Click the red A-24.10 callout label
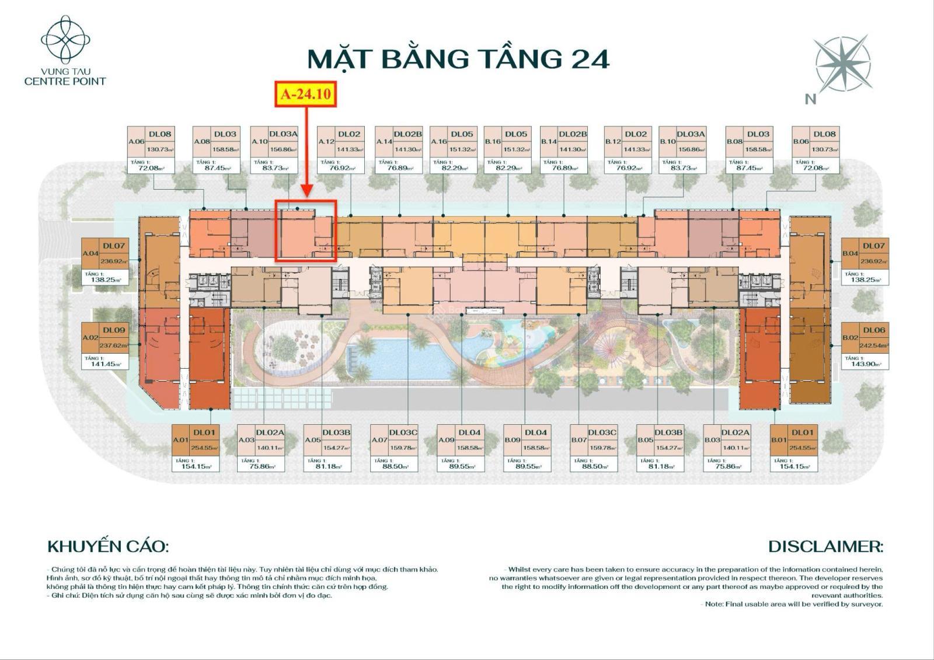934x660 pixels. pyautogui.click(x=306, y=95)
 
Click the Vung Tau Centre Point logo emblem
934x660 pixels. pyautogui.click(x=65, y=40)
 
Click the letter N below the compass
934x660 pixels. pyautogui.click(x=810, y=99)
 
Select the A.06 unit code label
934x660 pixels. pyautogui.click(x=136, y=141)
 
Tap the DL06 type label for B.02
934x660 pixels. pyautogui.click(x=873, y=330)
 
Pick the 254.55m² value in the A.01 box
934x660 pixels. pyautogui.click(x=204, y=448)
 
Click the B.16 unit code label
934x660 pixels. pyautogui.click(x=493, y=141)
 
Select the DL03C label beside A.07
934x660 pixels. pyautogui.click(x=403, y=432)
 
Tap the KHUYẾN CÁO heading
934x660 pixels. pyautogui.click(x=108, y=547)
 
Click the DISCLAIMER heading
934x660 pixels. pyautogui.click(x=825, y=547)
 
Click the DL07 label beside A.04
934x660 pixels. pyautogui.click(x=114, y=246)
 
